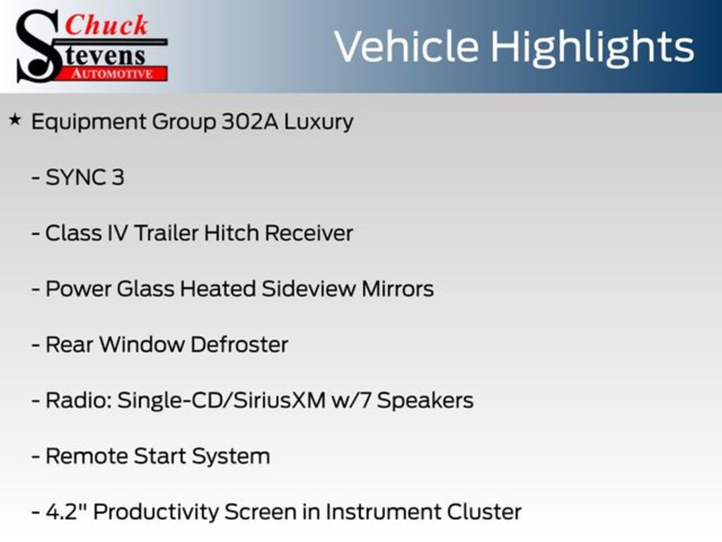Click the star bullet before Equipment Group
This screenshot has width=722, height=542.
pos(15,120)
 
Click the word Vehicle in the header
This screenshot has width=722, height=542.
pos(407,46)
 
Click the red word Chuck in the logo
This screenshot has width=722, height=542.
pos(106,25)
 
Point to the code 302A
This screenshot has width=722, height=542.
pos(250,121)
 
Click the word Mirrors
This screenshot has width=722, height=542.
pos(398,289)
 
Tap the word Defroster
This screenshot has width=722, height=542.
pos(240,344)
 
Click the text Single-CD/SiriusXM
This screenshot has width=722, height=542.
pos(221,400)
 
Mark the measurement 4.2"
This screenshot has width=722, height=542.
pos(66,512)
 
